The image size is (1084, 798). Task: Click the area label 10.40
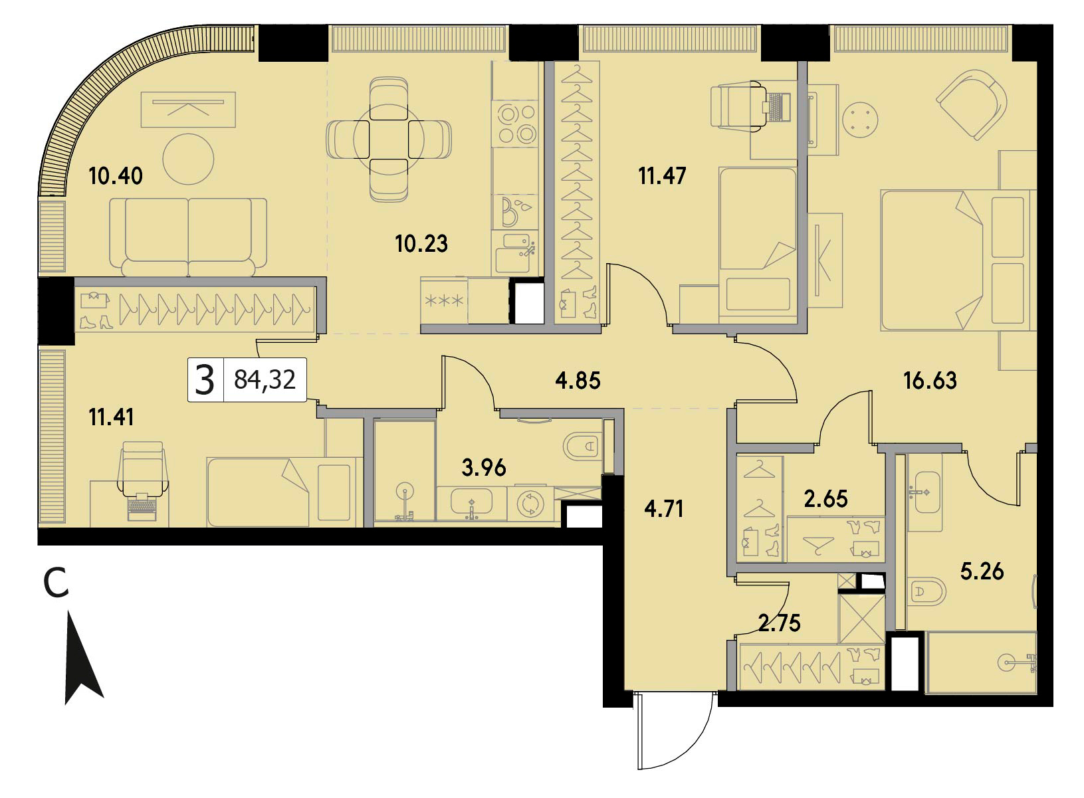tap(116, 176)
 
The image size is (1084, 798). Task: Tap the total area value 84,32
tap(265, 380)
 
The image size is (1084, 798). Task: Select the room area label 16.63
tap(930, 381)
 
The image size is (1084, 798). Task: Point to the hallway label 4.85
tap(578, 381)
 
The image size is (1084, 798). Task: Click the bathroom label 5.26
tap(982, 571)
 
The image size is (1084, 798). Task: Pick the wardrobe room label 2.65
tap(825, 499)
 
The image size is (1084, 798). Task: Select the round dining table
tap(389, 140)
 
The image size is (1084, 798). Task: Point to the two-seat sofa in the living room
tap(188, 237)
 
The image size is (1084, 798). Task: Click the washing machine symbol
tap(531, 504)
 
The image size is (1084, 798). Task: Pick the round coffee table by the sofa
tap(188, 159)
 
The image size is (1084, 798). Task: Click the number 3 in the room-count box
tap(205, 380)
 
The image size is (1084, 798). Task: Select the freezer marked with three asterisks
tap(444, 300)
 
